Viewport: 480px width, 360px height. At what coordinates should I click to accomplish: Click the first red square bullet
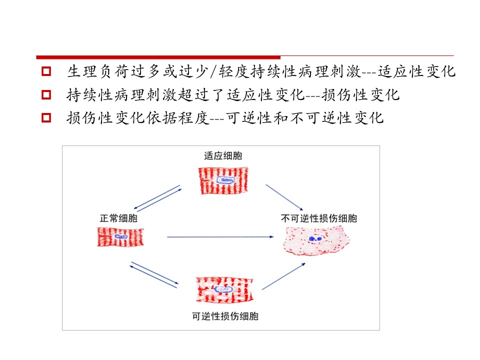tap(46, 71)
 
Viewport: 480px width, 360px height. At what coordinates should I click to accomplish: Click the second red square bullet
tap(46, 94)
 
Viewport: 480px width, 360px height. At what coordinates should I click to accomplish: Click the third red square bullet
tap(46, 117)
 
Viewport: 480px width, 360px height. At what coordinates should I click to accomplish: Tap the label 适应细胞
tap(223, 156)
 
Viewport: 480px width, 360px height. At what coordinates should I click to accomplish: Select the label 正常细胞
tap(118, 218)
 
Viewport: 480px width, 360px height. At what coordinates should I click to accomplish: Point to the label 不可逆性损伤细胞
tap(319, 218)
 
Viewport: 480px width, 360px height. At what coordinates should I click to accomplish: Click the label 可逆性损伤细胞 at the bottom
tap(225, 316)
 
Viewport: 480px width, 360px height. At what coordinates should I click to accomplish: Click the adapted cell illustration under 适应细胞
tap(223, 180)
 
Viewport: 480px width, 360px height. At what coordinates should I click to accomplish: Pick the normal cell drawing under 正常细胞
tap(120, 236)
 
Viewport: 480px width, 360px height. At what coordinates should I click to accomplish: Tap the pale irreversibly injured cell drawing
tap(316, 241)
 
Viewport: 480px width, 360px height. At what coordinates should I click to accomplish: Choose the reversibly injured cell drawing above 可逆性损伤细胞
tap(224, 290)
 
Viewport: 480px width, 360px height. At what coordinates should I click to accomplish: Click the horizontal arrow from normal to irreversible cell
tap(220, 236)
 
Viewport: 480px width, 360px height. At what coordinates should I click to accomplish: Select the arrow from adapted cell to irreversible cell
tap(284, 197)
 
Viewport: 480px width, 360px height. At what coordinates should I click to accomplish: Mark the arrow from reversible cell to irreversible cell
tap(284, 276)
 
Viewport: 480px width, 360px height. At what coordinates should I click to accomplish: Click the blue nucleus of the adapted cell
tap(226, 180)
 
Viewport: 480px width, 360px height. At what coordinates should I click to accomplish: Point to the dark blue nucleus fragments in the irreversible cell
tap(315, 238)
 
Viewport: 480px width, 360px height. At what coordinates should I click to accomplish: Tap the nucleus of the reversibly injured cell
tap(223, 289)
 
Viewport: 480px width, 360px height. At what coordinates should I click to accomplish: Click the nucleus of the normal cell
tap(121, 236)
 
